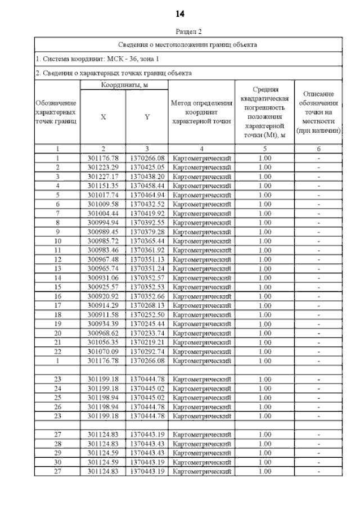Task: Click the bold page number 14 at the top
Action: (180, 13)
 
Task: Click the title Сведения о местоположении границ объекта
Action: (188, 44)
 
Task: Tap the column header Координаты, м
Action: (124, 84)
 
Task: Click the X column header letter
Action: (103, 117)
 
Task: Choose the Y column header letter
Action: (146, 117)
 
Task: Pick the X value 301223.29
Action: (103, 167)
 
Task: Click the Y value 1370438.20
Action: (146, 176)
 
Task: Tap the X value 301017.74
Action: (103, 194)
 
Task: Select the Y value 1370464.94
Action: (146, 194)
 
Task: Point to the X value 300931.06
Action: (103, 278)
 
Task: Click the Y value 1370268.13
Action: (146, 305)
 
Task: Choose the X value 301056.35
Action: (103, 342)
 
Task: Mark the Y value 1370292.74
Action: (146, 351)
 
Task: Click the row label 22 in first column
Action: (57, 351)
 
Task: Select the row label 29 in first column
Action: (57, 453)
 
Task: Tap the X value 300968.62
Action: (103, 332)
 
